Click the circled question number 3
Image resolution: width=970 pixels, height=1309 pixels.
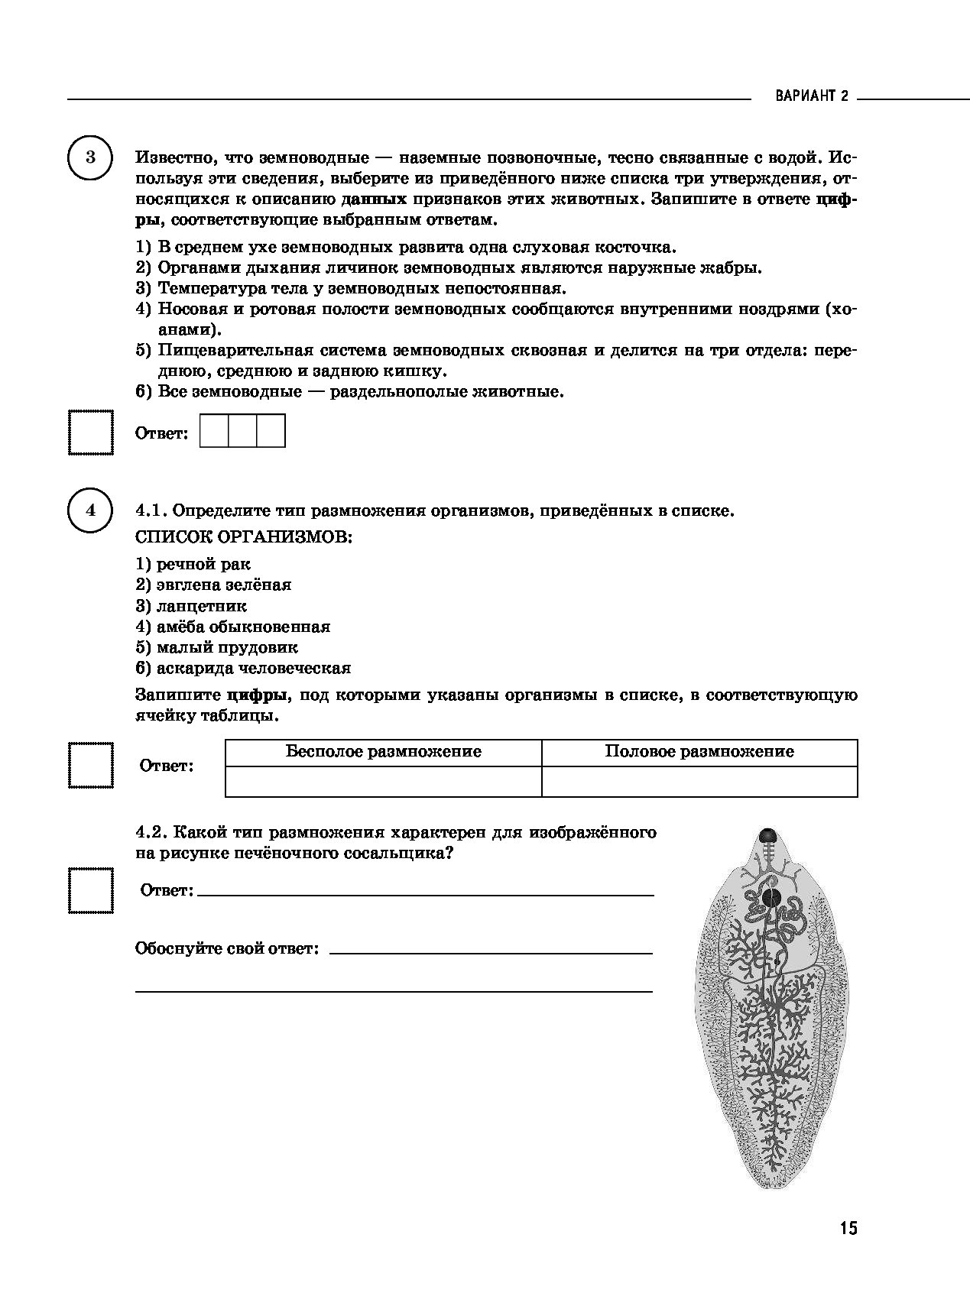pyautogui.click(x=91, y=158)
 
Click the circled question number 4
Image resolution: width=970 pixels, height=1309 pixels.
pyautogui.click(x=91, y=510)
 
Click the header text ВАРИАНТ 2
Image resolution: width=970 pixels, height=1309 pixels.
pyautogui.click(x=812, y=97)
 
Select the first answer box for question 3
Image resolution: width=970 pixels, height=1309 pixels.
pyautogui.click(x=214, y=431)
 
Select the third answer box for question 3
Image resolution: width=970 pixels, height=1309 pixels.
pyautogui.click(x=271, y=431)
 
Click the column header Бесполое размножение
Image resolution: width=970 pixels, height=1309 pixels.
pyautogui.click(x=383, y=752)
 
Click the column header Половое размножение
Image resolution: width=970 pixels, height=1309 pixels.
pyautogui.click(x=699, y=752)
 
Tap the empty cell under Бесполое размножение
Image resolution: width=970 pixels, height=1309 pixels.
pyautogui.click(x=383, y=781)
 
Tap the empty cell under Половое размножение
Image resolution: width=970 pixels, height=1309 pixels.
pyautogui.click(x=699, y=781)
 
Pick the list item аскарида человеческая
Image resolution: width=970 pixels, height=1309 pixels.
pyautogui.click(x=243, y=669)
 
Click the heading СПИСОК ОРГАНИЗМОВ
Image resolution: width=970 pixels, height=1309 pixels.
pyautogui.click(x=244, y=537)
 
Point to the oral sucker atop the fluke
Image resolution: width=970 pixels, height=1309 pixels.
pyautogui.click(x=767, y=835)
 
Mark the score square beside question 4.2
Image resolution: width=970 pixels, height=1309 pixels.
pyautogui.click(x=91, y=890)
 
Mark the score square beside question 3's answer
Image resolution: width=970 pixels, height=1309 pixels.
pyautogui.click(x=91, y=433)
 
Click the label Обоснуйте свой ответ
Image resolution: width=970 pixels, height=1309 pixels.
pyautogui.click(x=227, y=949)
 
